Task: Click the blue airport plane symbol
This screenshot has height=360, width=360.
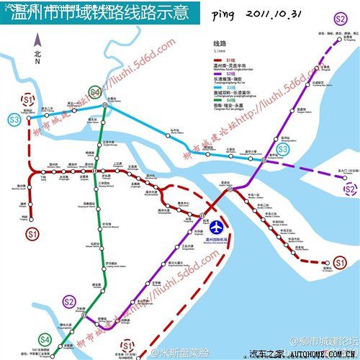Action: pyautogui.click(x=214, y=224)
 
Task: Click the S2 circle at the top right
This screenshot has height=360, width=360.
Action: pyautogui.click(x=340, y=19)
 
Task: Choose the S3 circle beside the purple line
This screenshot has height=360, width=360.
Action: pyautogui.click(x=283, y=149)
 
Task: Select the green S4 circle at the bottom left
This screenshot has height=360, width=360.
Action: pyautogui.click(x=45, y=338)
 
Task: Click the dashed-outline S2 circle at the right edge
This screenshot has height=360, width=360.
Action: pyautogui.click(x=348, y=189)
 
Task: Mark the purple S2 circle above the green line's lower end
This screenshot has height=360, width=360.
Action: pyautogui.click(x=70, y=302)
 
